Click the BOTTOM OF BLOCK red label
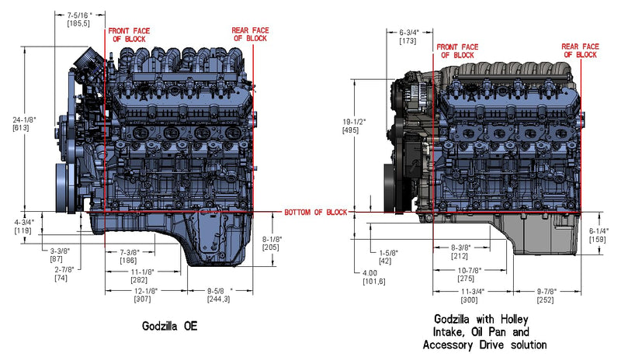pyautogui.click(x=314, y=213)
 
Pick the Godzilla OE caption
pyautogui.click(x=169, y=327)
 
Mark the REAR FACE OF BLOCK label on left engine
pyautogui.click(x=250, y=35)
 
